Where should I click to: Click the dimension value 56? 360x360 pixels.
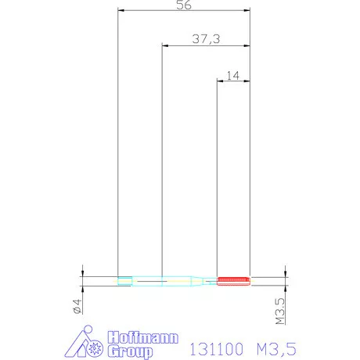(x=184, y=5)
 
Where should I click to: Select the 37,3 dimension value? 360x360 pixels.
(x=206, y=39)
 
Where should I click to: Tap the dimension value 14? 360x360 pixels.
(x=232, y=76)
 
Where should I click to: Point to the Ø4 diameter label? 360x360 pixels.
(x=77, y=306)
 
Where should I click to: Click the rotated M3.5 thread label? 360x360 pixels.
(x=280, y=311)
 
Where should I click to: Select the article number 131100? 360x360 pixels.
(x=216, y=349)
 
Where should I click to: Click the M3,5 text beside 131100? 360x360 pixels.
(x=276, y=349)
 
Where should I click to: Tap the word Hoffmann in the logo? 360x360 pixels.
(x=143, y=337)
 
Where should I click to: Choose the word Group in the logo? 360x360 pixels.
(x=130, y=351)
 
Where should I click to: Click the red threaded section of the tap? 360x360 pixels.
(x=233, y=281)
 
